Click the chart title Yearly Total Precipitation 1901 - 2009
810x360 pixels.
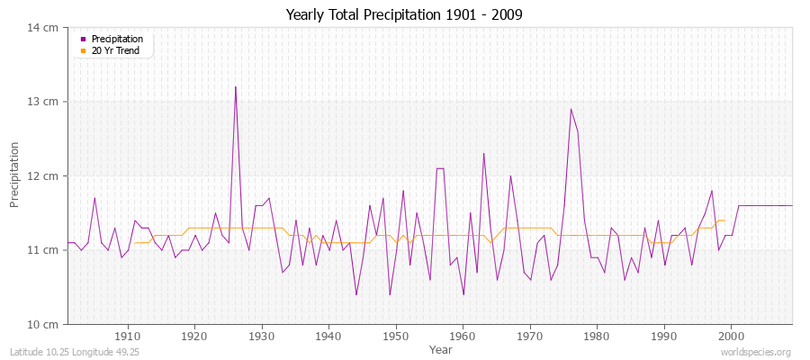pyautogui.click(x=404, y=14)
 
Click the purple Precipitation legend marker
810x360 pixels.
pyautogui.click(x=83, y=39)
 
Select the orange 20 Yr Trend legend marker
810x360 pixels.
pyautogui.click(x=83, y=50)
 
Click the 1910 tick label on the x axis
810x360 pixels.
pyautogui.click(x=127, y=337)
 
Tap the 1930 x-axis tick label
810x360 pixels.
pyautogui.click(x=261, y=337)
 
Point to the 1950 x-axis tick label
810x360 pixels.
pyautogui.click(x=395, y=337)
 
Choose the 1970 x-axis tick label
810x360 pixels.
pyautogui.click(x=530, y=337)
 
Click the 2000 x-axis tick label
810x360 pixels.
pyautogui.click(x=731, y=337)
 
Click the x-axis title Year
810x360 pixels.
pyautogui.click(x=440, y=349)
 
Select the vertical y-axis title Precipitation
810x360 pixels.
pyautogui.click(x=14, y=175)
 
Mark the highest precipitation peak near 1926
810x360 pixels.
pyautogui.click(x=235, y=87)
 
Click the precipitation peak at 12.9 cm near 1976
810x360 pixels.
pyautogui.click(x=571, y=109)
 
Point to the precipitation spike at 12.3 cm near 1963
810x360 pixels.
pyautogui.click(x=483, y=153)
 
